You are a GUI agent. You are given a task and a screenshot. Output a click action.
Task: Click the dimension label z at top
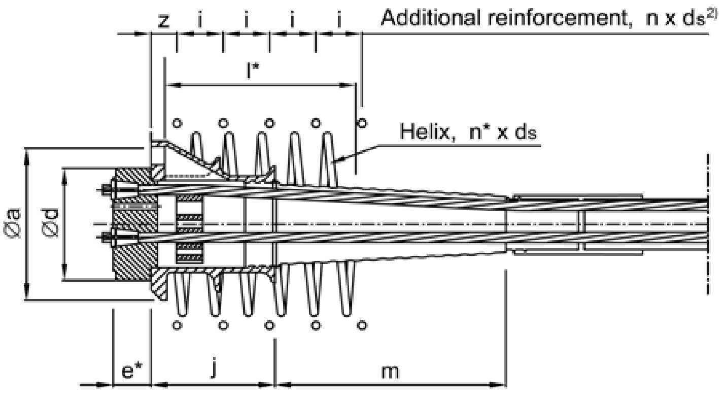click(164, 21)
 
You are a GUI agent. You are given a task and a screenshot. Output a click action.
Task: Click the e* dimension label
click(132, 371)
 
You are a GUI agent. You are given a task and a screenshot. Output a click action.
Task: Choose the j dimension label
click(213, 369)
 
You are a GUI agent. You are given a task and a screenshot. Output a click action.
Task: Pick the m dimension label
click(390, 372)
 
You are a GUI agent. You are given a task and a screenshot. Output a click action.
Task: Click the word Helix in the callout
click(425, 132)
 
